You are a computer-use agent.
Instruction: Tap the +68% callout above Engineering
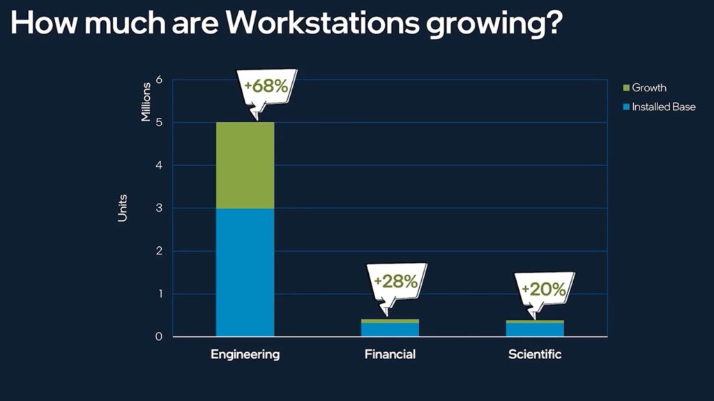264,89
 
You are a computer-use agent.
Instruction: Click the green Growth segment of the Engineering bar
245,165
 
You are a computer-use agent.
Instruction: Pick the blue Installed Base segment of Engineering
245,272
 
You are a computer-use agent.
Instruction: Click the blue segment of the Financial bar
390,329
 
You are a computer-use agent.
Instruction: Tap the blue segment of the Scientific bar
535,329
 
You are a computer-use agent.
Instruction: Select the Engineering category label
245,354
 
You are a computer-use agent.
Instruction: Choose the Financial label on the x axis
390,354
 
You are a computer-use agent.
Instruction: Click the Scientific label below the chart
535,354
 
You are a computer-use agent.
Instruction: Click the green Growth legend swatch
626,88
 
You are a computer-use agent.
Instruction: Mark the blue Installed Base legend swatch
626,107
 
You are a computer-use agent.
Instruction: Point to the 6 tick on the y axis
159,80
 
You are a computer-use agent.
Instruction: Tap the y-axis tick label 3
159,209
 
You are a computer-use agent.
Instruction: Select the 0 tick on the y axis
159,337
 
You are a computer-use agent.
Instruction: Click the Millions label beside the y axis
146,102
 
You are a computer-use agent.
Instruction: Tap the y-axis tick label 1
159,294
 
